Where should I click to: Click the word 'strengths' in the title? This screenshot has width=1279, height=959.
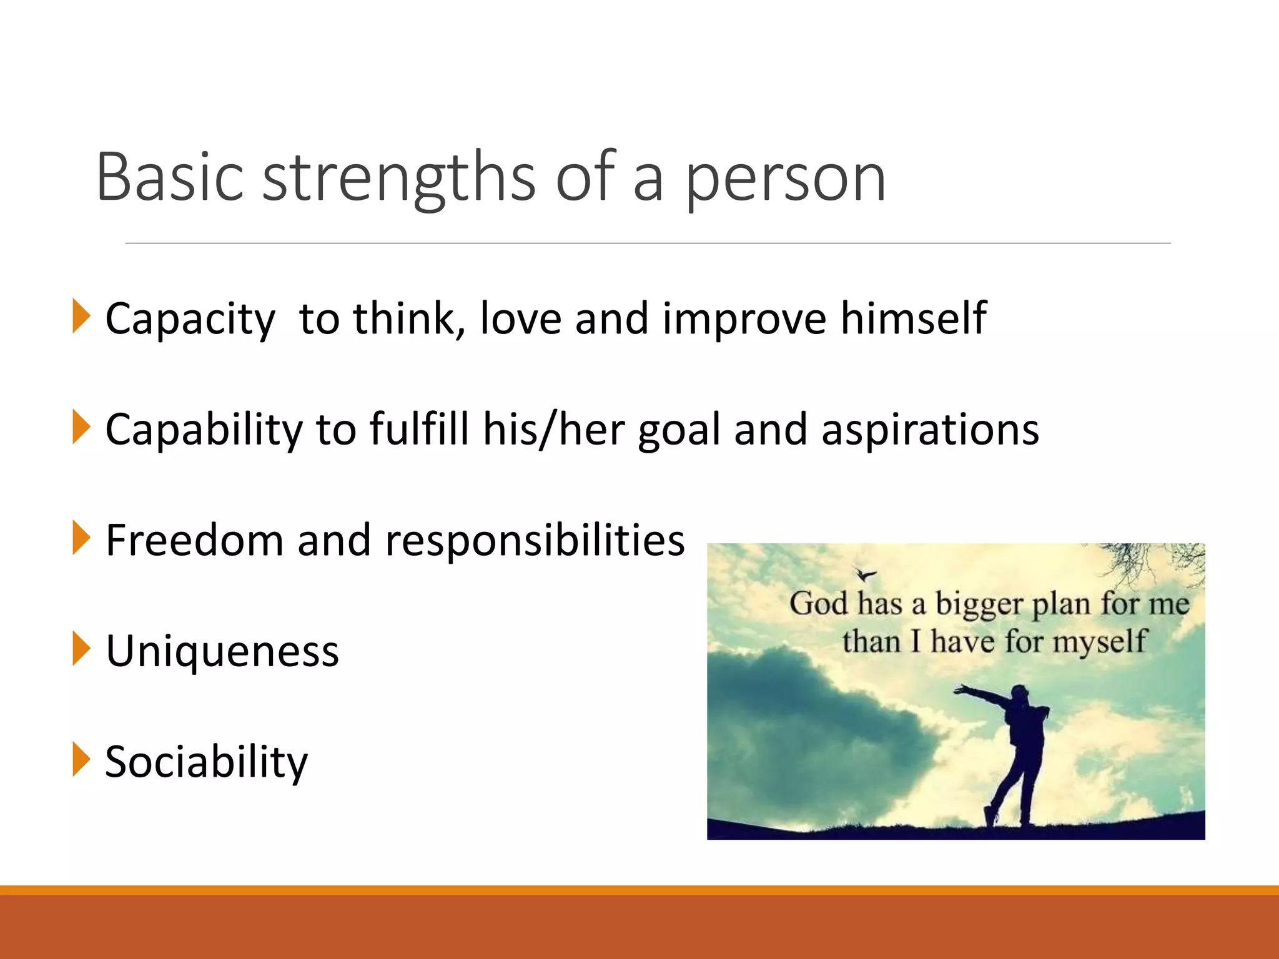pyautogui.click(x=398, y=179)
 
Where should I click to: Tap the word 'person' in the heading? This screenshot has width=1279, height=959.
pyautogui.click(x=785, y=181)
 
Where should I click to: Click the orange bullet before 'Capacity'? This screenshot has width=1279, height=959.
pyautogui.click(x=81, y=316)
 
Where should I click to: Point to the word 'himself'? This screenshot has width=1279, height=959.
pyautogui.click(x=913, y=318)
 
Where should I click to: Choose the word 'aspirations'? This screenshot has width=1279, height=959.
pyautogui.click(x=930, y=431)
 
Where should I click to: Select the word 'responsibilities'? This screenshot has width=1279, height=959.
pyautogui.click(x=535, y=541)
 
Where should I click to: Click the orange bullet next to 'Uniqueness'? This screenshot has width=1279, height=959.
pyautogui.click(x=81, y=649)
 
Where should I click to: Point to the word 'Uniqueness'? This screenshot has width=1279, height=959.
pyautogui.click(x=222, y=651)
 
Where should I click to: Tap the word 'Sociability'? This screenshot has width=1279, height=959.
pyautogui.click(x=206, y=762)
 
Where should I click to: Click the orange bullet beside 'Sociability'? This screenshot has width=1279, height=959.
pyautogui.click(x=81, y=759)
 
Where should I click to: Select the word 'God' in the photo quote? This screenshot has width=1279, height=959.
pyautogui.click(x=818, y=604)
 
